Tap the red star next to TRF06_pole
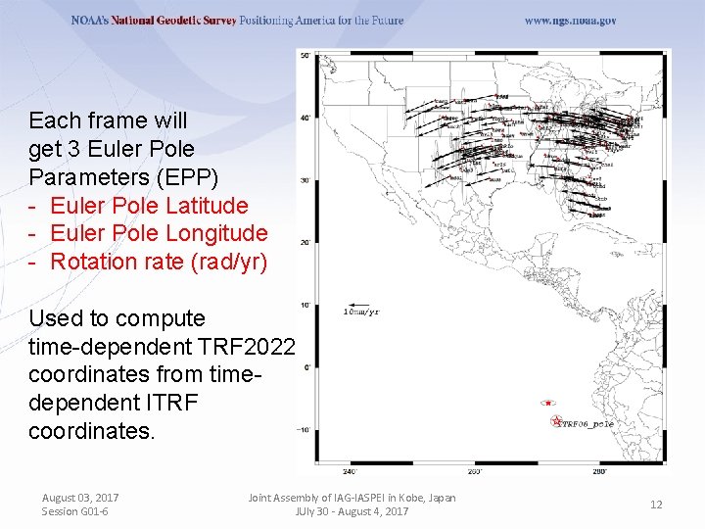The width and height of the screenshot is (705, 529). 557,422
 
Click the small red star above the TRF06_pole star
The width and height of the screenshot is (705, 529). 548,403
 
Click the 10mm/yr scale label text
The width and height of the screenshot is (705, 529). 361,313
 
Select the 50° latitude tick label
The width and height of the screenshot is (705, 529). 305,56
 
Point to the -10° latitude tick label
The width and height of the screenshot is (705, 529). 304,429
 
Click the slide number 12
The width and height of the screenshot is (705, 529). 656,505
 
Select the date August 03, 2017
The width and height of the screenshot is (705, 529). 80,498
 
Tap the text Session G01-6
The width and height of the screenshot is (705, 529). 75,511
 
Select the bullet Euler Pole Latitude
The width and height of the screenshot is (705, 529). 149,206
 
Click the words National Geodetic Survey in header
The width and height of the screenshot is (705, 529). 179,21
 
